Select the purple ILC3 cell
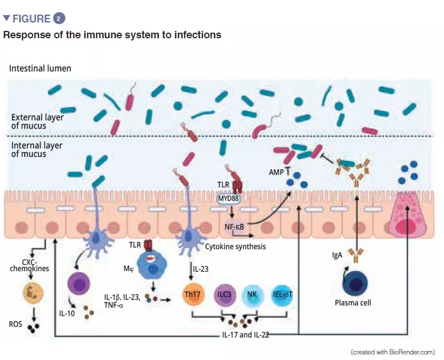coord(224,294)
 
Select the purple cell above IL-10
coord(78,285)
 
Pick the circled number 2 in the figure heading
coord(59,19)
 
